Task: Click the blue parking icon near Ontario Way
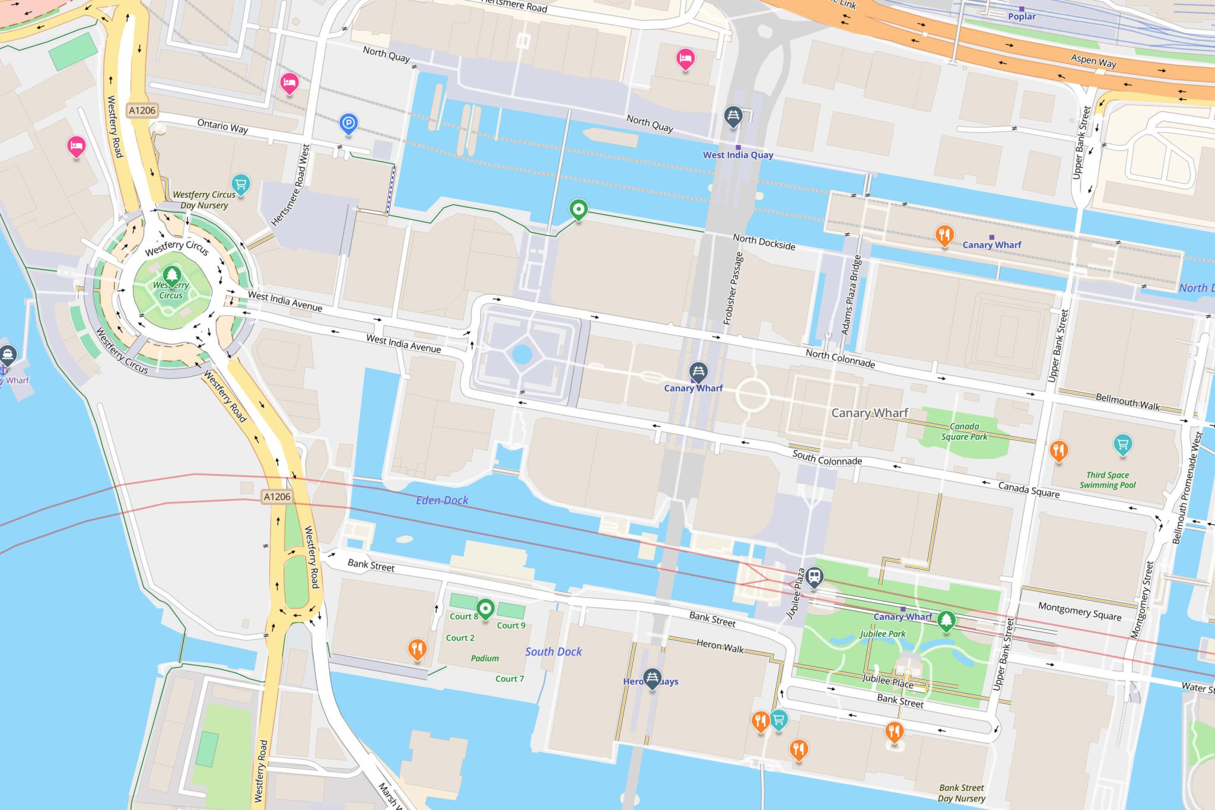pyautogui.click(x=348, y=123)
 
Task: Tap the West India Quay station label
pyautogui.click(x=738, y=155)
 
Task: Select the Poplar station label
pyautogui.click(x=1022, y=17)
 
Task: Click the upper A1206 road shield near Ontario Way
pyautogui.click(x=142, y=110)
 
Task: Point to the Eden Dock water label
pyautogui.click(x=442, y=500)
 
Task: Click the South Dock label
pyautogui.click(x=553, y=652)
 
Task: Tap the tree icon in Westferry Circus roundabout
pyautogui.click(x=172, y=275)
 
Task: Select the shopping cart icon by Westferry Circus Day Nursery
pyautogui.click(x=240, y=183)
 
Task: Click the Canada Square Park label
pyautogui.click(x=964, y=431)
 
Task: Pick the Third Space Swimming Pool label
pyautogui.click(x=1107, y=480)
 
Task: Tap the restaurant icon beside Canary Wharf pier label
pyautogui.click(x=944, y=235)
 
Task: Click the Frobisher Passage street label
pyautogui.click(x=733, y=288)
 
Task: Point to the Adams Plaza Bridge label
pyautogui.click(x=851, y=295)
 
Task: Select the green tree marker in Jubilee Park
pyautogui.click(x=946, y=620)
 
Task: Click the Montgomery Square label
pyautogui.click(x=1079, y=611)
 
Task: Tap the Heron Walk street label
pyautogui.click(x=720, y=646)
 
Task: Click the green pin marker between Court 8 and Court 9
pyautogui.click(x=485, y=608)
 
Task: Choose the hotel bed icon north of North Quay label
pyautogui.click(x=685, y=59)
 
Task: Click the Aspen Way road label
pyautogui.click(x=1093, y=61)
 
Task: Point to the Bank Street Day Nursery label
pyautogui.click(x=961, y=793)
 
